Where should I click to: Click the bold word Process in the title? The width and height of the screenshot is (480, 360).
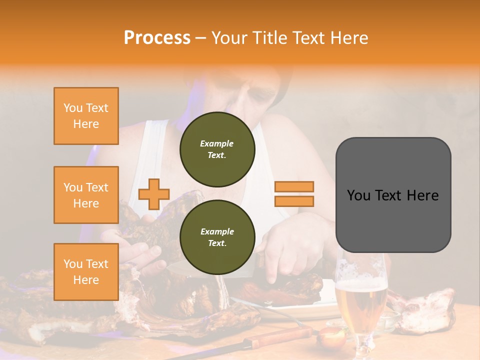coord(157,37)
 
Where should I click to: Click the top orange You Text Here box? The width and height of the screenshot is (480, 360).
coord(86,116)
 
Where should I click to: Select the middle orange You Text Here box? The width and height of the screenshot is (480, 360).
coord(86,195)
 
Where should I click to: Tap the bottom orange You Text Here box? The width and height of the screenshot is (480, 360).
coord(86,272)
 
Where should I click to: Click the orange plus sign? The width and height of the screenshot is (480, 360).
coord(154,194)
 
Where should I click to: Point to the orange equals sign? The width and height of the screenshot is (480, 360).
coord(294,194)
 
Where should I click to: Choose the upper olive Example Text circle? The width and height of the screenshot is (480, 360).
coord(217,149)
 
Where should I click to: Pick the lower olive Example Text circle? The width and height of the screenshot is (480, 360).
coord(217,237)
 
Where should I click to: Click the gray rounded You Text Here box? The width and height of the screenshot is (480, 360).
coord(393,195)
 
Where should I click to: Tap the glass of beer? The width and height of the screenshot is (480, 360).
coord(361,300)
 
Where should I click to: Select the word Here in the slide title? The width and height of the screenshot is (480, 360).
coord(349,37)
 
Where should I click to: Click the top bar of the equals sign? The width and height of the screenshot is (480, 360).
coord(294,186)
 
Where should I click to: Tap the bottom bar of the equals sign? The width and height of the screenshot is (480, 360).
coord(294,201)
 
